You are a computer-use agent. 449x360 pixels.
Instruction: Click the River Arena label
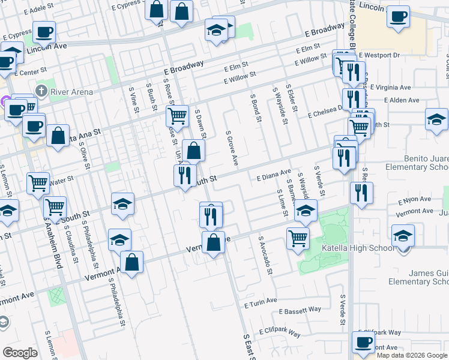71,92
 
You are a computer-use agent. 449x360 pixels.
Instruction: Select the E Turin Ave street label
261,301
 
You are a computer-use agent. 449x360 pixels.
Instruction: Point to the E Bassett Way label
300,311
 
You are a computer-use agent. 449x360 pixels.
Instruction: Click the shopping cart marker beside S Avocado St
298,238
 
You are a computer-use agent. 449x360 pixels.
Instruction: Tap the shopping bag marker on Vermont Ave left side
132,262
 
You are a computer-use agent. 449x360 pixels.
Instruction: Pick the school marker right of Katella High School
403,236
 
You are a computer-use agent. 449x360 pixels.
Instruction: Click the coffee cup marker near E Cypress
43,32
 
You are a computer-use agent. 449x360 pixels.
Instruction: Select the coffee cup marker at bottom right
363,343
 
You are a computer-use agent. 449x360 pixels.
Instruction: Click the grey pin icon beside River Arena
41,91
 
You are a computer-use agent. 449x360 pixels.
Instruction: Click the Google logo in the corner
20,353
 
